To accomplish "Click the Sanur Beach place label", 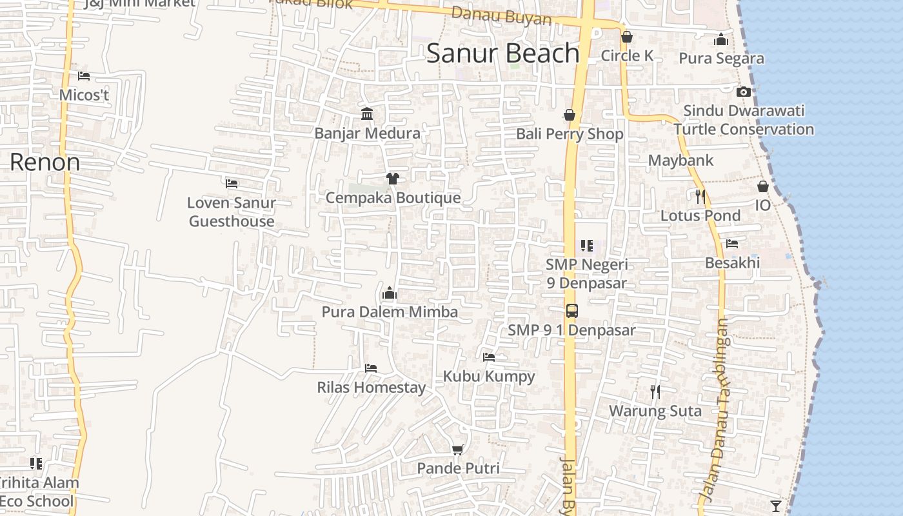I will pyautogui.click(x=502, y=54).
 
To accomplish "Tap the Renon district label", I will pyautogui.click(x=45, y=162).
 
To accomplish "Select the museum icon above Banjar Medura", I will pyautogui.click(x=367, y=114).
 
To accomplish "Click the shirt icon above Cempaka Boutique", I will pyautogui.click(x=392, y=179).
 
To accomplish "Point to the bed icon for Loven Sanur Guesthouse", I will pyautogui.click(x=232, y=184).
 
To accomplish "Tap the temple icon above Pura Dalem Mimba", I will pyautogui.click(x=389, y=293).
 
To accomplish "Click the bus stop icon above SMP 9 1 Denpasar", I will pyautogui.click(x=571, y=311).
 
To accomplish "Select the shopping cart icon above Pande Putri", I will pyautogui.click(x=458, y=450).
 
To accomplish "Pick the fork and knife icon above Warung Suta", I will pyautogui.click(x=655, y=392).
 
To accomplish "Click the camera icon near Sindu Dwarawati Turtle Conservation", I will pyautogui.click(x=744, y=92).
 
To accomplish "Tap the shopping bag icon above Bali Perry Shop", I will pyautogui.click(x=570, y=115).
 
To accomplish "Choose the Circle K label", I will pyautogui.click(x=627, y=56).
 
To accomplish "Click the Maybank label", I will pyautogui.click(x=680, y=161).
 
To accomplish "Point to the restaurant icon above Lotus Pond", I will pyautogui.click(x=700, y=196).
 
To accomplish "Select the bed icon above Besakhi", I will pyautogui.click(x=732, y=244).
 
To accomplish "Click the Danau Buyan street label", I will pyautogui.click(x=502, y=15).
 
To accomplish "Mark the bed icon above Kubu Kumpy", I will pyautogui.click(x=489, y=357).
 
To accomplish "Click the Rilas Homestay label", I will pyautogui.click(x=371, y=388).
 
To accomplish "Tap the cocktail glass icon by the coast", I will pyautogui.click(x=775, y=506).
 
